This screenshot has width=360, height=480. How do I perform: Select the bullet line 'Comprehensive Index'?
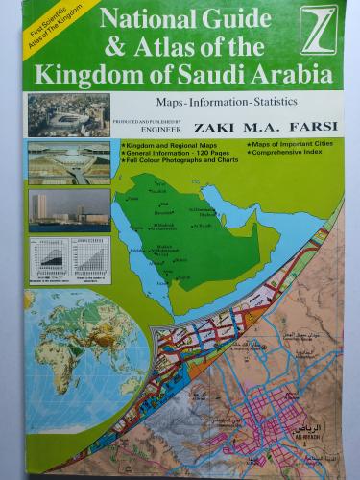click(290, 153)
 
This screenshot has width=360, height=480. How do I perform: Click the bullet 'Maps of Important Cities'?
click(291, 144)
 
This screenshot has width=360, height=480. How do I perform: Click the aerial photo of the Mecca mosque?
click(68, 114)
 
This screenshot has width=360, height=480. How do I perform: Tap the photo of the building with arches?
click(68, 162)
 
